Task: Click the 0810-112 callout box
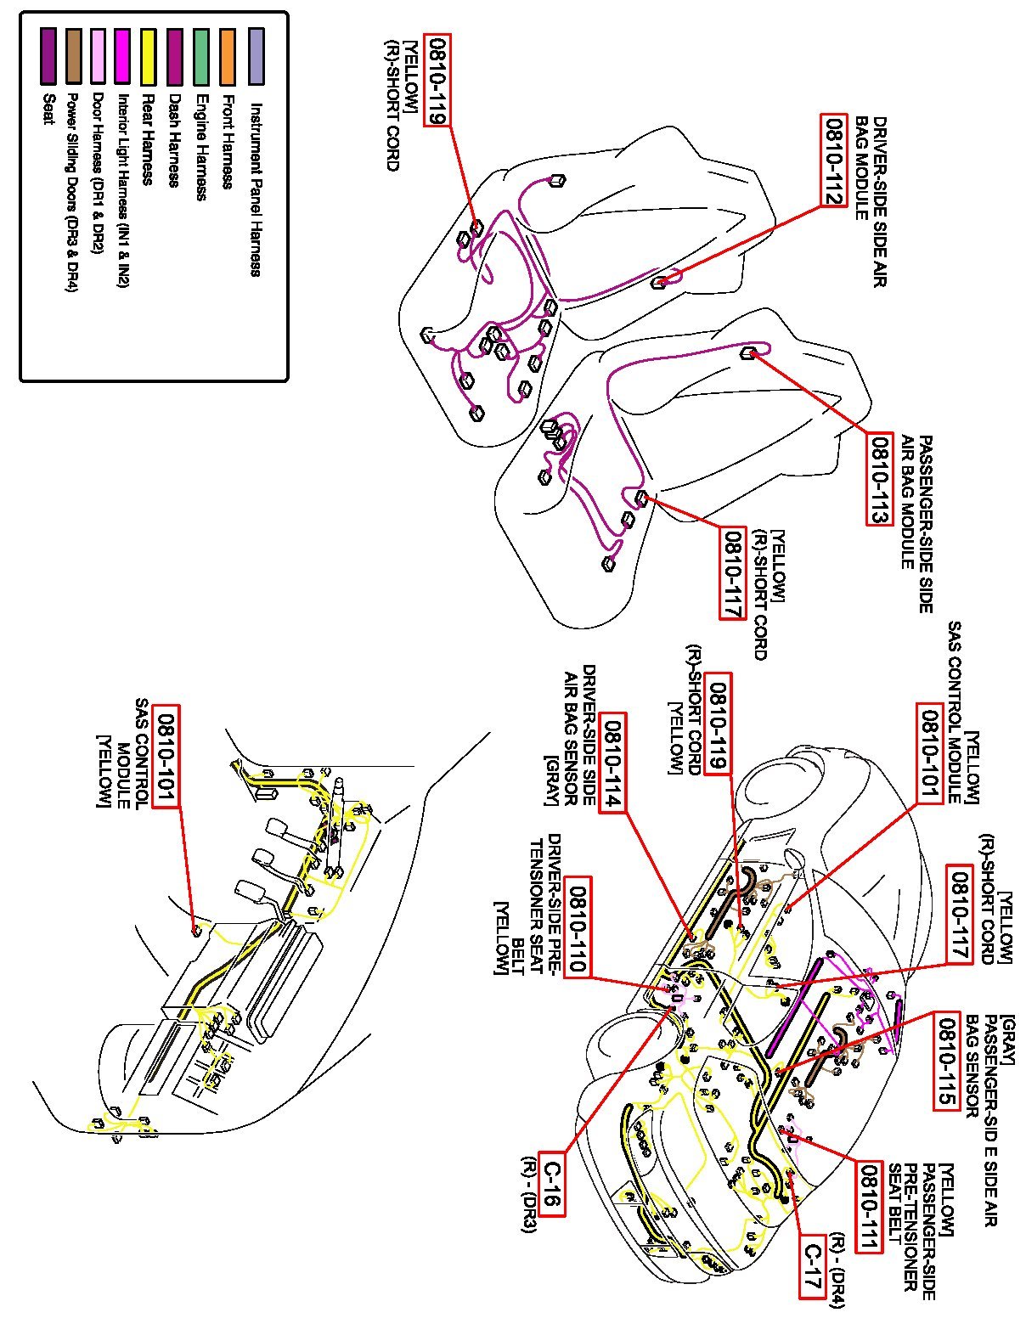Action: (833, 161)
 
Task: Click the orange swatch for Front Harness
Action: (228, 56)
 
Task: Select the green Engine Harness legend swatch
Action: (201, 56)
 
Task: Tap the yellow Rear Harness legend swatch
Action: (149, 56)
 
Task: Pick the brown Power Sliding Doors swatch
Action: (73, 56)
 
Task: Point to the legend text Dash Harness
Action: (175, 140)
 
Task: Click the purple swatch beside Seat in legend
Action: (48, 56)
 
